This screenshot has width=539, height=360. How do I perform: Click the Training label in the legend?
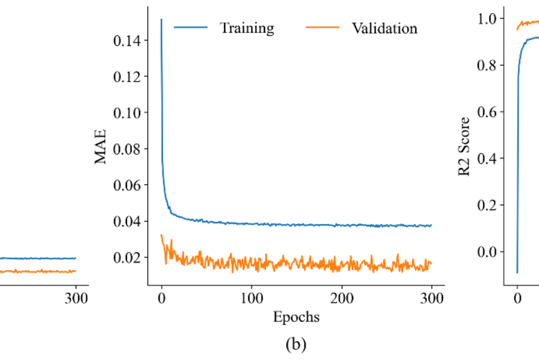tap(246, 28)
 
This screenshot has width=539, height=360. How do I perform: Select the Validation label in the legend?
tap(383, 28)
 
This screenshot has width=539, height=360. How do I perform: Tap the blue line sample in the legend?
tap(190, 28)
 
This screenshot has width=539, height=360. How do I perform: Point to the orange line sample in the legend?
tap(323, 28)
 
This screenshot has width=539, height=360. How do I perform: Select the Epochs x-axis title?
tap(296, 316)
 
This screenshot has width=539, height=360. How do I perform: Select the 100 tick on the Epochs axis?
tap(252, 297)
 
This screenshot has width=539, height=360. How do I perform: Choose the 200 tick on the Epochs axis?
tap(342, 297)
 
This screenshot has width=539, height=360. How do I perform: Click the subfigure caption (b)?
tap(296, 344)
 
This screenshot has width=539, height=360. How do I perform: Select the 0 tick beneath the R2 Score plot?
tap(517, 297)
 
